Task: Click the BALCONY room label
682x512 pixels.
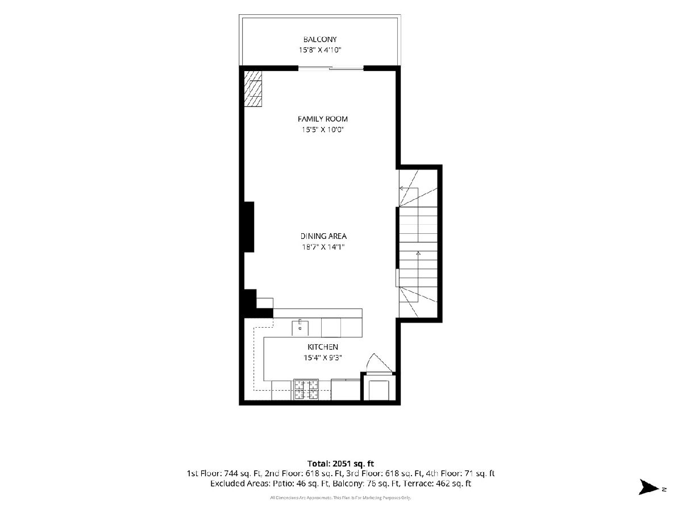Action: pos(320,39)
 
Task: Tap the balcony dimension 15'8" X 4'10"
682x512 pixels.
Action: pos(320,49)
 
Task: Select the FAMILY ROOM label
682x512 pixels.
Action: pos(322,119)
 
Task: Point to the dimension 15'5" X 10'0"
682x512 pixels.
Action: pos(322,129)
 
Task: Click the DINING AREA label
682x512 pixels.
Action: pos(323,236)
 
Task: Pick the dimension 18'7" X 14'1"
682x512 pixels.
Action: pos(323,247)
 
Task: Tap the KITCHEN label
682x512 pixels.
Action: pos(322,347)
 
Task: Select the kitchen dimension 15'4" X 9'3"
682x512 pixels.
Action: pos(322,358)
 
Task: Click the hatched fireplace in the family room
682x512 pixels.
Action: pos(253,89)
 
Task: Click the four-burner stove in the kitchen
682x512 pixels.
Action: pos(306,389)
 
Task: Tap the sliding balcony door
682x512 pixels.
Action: pos(331,68)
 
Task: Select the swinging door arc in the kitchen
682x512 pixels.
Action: pos(379,362)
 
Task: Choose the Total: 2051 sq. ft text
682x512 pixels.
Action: pos(340,464)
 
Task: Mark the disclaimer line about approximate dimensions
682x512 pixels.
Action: pos(340,498)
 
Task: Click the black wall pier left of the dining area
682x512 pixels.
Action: pos(249,226)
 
